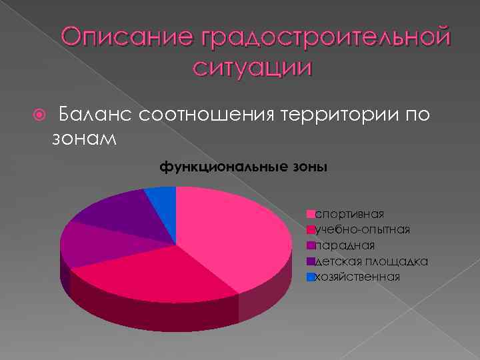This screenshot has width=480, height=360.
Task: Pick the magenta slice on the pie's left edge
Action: coord(87,245)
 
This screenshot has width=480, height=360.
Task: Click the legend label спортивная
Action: coord(349,214)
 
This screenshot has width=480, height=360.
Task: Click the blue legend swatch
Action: coord(310,277)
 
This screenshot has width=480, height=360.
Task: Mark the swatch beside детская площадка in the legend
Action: coord(310,261)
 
